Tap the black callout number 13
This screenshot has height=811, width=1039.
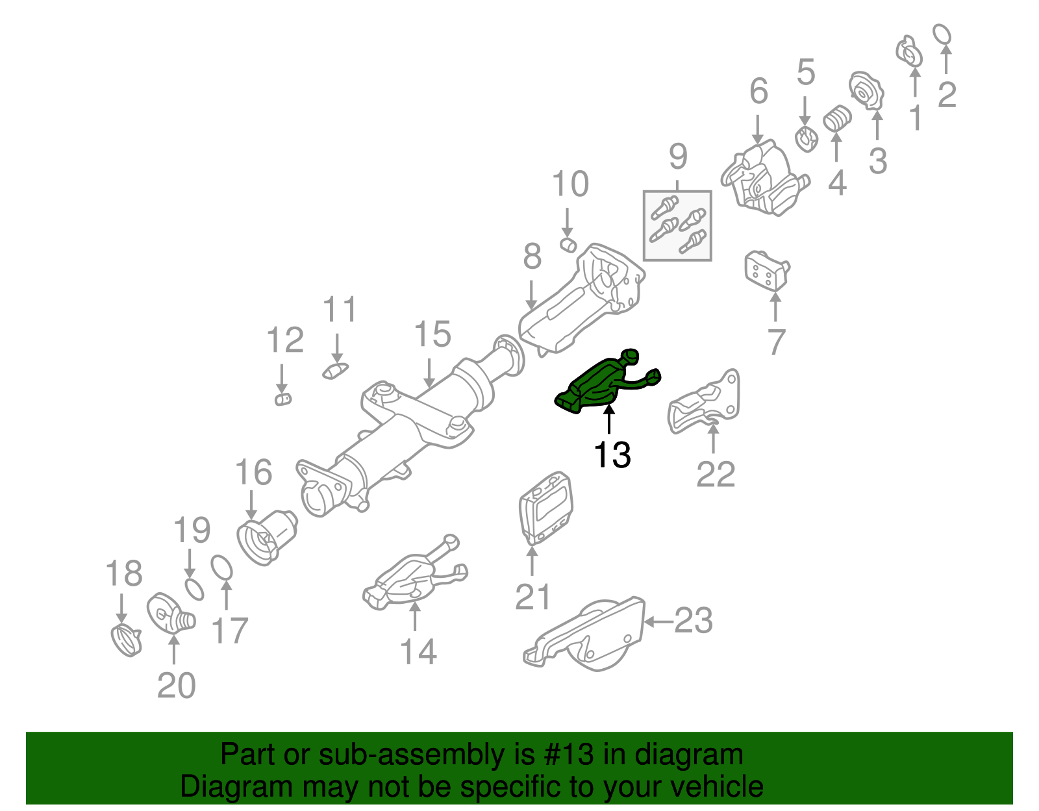pos(612,455)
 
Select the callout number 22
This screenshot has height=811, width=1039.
pos(715,475)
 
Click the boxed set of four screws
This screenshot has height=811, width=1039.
pos(677,226)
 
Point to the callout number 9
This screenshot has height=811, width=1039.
pos(677,156)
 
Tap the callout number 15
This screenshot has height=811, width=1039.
pos(432,334)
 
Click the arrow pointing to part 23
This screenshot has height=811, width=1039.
pos(657,622)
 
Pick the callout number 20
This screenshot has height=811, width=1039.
pos(176,685)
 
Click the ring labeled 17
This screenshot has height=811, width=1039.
pos(222,568)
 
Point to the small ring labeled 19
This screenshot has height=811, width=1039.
pos(194,589)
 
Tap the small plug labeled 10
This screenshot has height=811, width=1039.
pos(568,245)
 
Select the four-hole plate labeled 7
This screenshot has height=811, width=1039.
pos(766,272)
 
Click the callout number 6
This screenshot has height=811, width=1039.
pos(758,92)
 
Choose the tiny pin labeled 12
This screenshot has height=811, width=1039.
pos(282,399)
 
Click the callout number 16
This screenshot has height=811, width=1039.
pos(253,472)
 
